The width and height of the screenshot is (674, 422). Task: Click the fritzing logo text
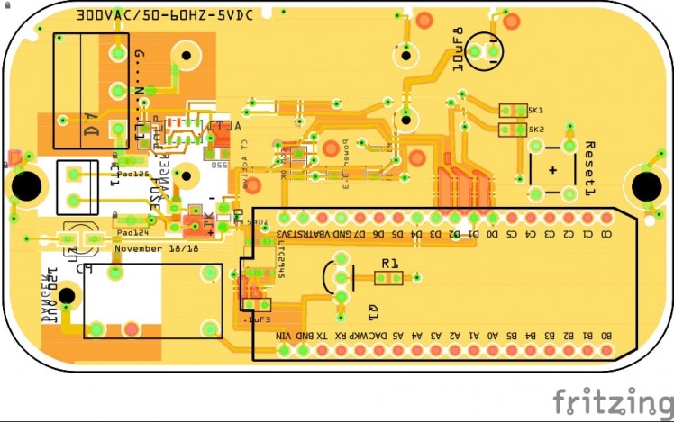click(613, 401)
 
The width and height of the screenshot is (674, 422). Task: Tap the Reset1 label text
click(591, 168)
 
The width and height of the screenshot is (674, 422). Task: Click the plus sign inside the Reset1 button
click(552, 170)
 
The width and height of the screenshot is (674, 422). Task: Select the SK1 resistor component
click(513, 111)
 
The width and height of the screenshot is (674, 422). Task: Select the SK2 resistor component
click(513, 130)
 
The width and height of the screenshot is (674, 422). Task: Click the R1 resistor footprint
click(388, 278)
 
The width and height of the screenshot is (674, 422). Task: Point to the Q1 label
click(372, 311)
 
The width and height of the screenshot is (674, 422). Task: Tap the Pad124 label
click(132, 232)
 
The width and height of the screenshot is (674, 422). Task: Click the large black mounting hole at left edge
click(27, 186)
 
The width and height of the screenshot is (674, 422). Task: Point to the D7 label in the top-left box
click(91, 131)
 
